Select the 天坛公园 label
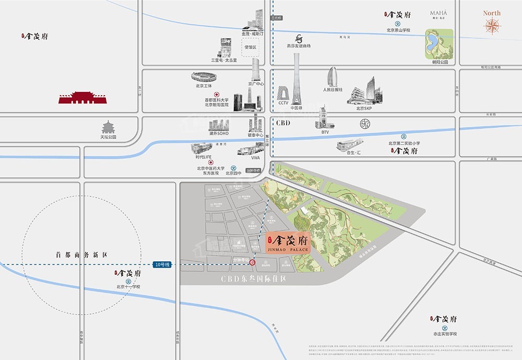109,137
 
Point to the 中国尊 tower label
297,108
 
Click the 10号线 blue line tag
162,265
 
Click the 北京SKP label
364,108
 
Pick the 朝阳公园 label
441,62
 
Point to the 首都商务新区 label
81,255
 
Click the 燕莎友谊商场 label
299,46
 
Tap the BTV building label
325,132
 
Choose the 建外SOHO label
220,133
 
